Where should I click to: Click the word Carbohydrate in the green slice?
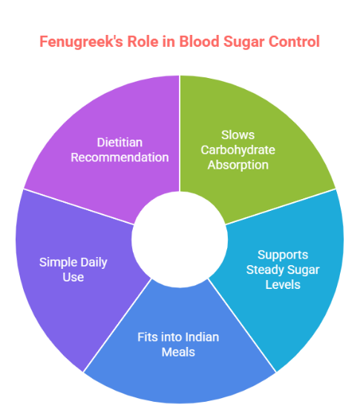tap(238, 150)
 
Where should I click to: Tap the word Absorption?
tap(238, 164)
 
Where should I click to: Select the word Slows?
tap(238, 135)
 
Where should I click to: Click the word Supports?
tap(282, 254)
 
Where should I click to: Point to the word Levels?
tap(282, 284)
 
